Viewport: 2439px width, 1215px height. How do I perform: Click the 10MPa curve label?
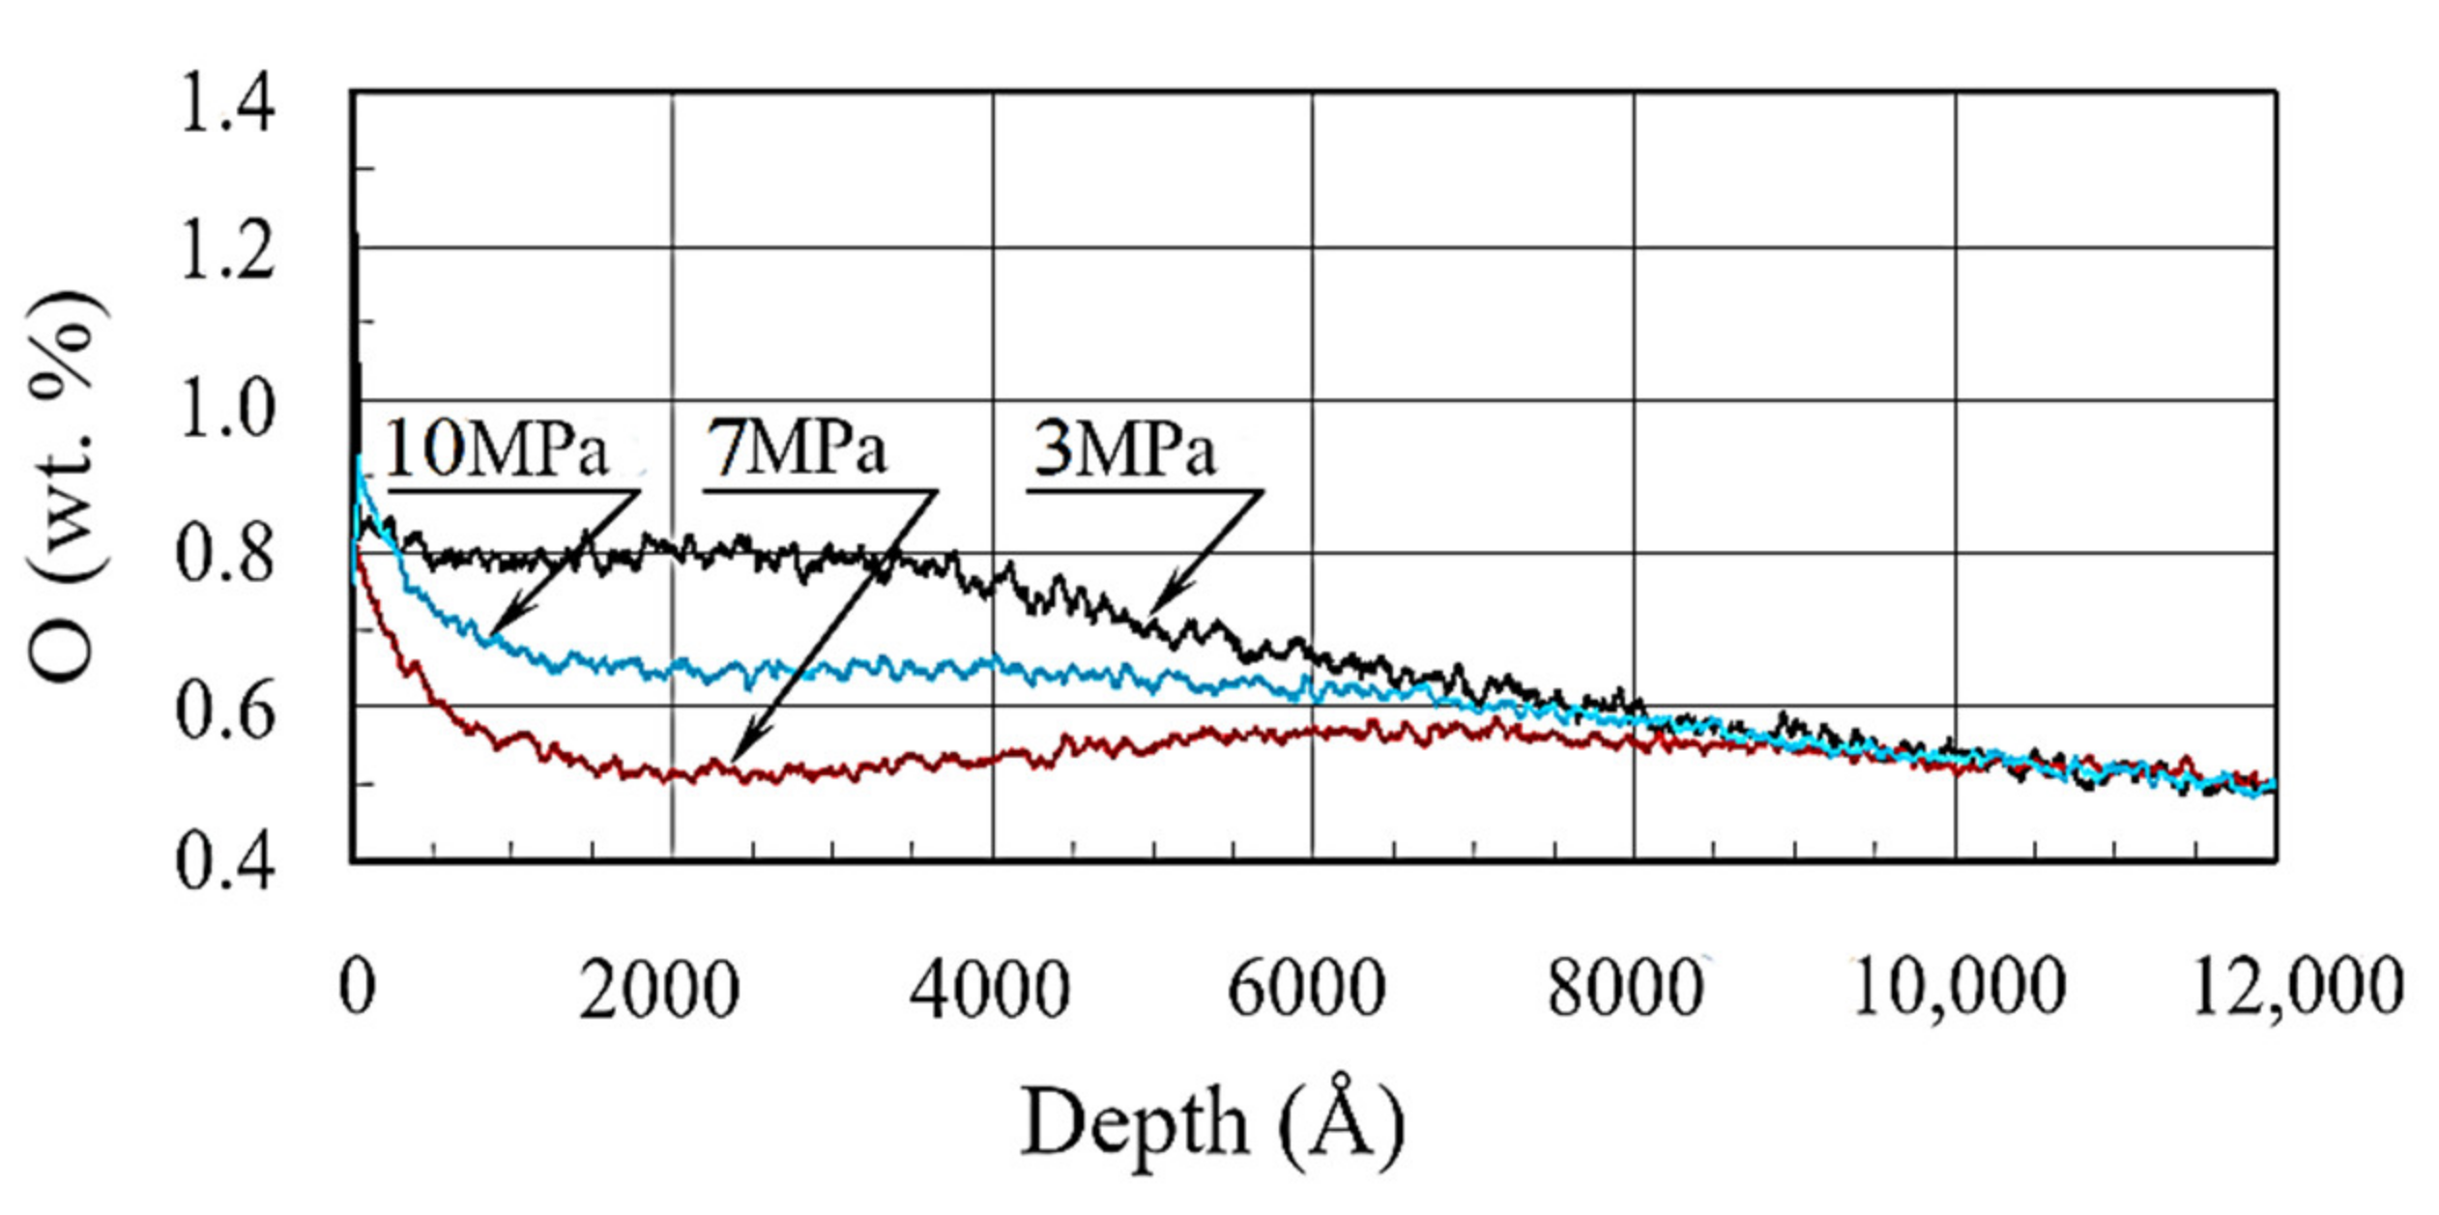click(497, 450)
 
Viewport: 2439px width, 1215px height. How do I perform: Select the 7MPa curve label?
click(797, 448)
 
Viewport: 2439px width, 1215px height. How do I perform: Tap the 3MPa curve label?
click(1123, 450)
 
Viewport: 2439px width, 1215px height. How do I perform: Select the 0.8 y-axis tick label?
click(224, 559)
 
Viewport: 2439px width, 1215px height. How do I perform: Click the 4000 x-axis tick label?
click(989, 990)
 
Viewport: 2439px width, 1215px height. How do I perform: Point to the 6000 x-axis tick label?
click(1307, 990)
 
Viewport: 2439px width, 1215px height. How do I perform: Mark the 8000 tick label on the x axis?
click(1625, 990)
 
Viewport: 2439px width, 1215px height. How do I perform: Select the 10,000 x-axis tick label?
click(1959, 990)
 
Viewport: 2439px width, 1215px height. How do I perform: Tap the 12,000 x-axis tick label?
click(2297, 990)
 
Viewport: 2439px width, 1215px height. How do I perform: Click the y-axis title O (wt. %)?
click(64, 483)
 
